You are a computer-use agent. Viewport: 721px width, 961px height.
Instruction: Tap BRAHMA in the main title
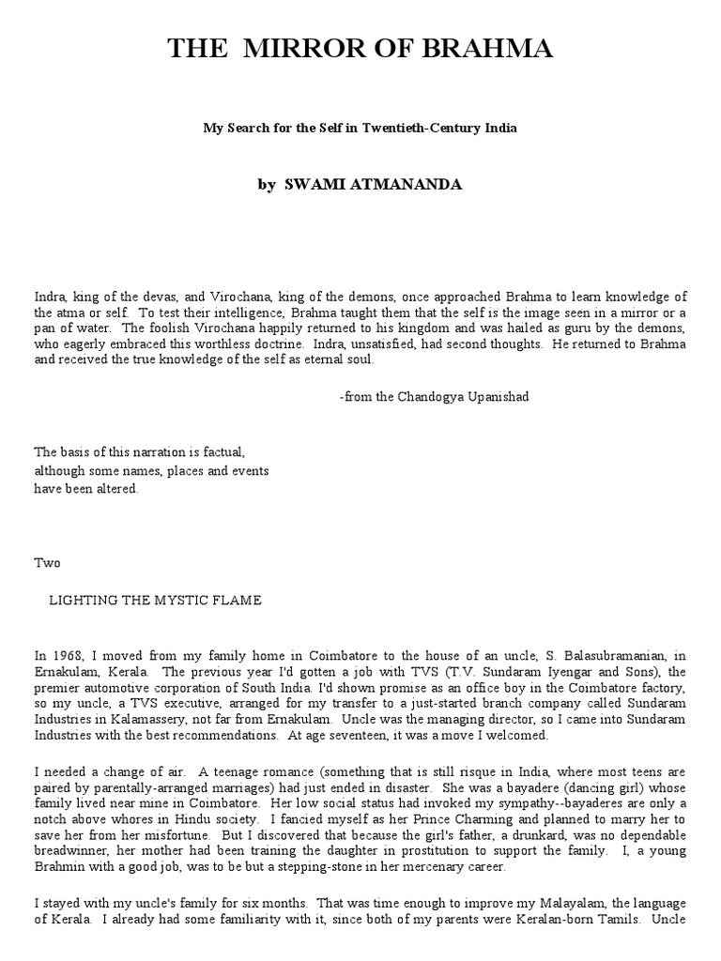pyautogui.click(x=480, y=51)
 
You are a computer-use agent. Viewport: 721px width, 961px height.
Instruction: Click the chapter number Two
pyautogui.click(x=47, y=563)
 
